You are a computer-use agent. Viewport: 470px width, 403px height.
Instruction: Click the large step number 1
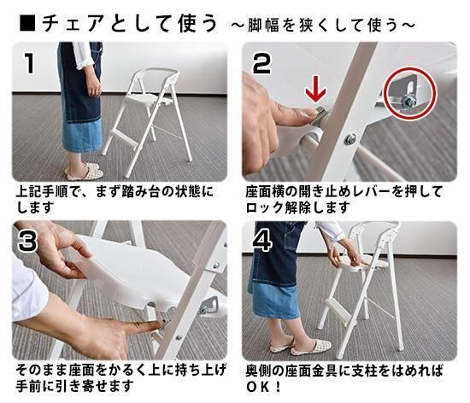pyautogui.click(x=29, y=63)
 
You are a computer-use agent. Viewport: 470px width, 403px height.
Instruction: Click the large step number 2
pyautogui.click(x=261, y=63)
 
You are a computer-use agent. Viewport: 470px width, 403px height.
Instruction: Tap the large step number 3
pyautogui.click(x=27, y=242)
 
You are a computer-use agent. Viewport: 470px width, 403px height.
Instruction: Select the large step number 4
pyautogui.click(x=262, y=241)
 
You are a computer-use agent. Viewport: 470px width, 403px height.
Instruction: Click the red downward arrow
pyautogui.click(x=315, y=91)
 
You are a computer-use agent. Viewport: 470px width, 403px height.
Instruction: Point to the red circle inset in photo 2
pyautogui.click(x=410, y=93)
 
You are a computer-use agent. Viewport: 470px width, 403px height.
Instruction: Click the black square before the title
pyautogui.click(x=27, y=23)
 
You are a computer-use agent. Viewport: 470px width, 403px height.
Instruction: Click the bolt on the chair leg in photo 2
pyautogui.click(x=350, y=138)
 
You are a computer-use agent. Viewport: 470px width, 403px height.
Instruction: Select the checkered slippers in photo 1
pyautogui.click(x=85, y=172)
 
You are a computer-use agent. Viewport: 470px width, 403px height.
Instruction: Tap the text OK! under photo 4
pyautogui.click(x=264, y=387)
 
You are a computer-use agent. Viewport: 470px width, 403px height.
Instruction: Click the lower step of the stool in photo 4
pyautogui.click(x=338, y=307)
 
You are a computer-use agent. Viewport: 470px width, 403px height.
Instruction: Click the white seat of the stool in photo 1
pyautogui.click(x=150, y=99)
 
